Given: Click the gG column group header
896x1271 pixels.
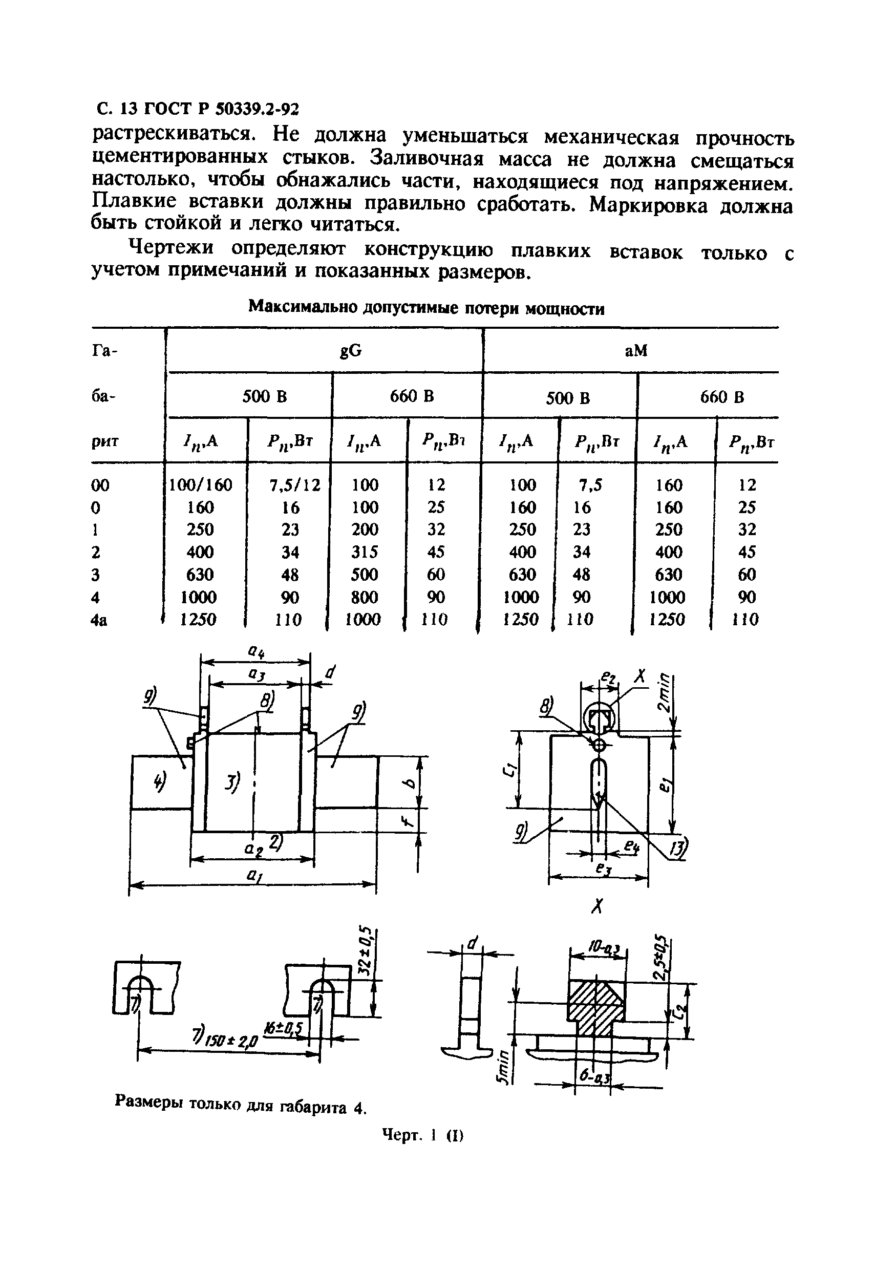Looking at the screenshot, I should coord(350,350).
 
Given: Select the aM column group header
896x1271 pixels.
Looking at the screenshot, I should coord(635,350).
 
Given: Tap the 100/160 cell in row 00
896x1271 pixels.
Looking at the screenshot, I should coord(200,485).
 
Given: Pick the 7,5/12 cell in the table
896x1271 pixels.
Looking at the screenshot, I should coord(294,485).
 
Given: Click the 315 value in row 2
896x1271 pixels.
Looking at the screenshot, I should coord(365,552).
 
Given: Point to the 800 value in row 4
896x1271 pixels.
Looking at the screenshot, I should coord(365,597).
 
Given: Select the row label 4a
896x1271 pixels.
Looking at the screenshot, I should coord(98,620).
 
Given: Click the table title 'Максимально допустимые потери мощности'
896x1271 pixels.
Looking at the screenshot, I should coord(426,308).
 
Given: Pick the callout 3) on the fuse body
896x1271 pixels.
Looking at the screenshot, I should coord(233,782).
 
